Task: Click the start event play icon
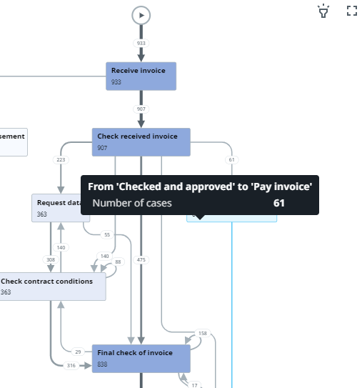coord(141,14)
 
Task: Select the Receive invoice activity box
coord(141,76)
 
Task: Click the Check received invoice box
coord(141,141)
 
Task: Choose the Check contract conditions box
coord(51,286)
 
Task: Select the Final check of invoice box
coord(141,358)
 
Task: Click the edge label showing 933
coord(141,44)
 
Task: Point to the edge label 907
coord(141,109)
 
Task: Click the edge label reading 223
coord(61,160)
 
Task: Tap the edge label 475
coord(141,260)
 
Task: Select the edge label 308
coord(51,260)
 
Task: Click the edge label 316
coord(71,366)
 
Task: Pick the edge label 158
coord(202,334)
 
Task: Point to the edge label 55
coord(107,234)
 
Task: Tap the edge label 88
coord(119,262)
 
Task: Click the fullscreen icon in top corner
coord(351,11)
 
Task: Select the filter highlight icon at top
coord(324,11)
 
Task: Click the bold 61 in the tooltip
coord(278,204)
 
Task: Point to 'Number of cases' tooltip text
coord(132,204)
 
